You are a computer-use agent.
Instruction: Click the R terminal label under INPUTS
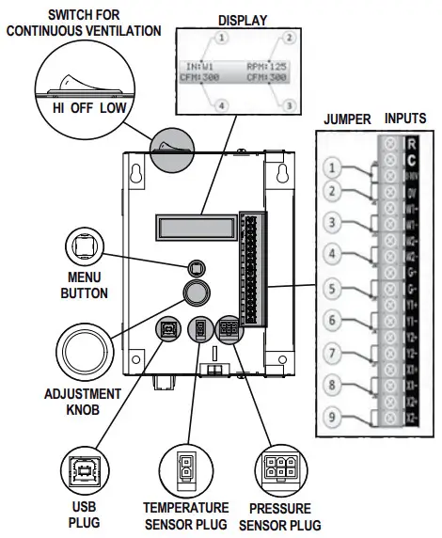pyautogui.click(x=411, y=144)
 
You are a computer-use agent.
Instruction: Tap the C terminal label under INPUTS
pyautogui.click(x=411, y=159)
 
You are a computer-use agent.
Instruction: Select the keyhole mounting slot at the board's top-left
pyautogui.click(x=139, y=175)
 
